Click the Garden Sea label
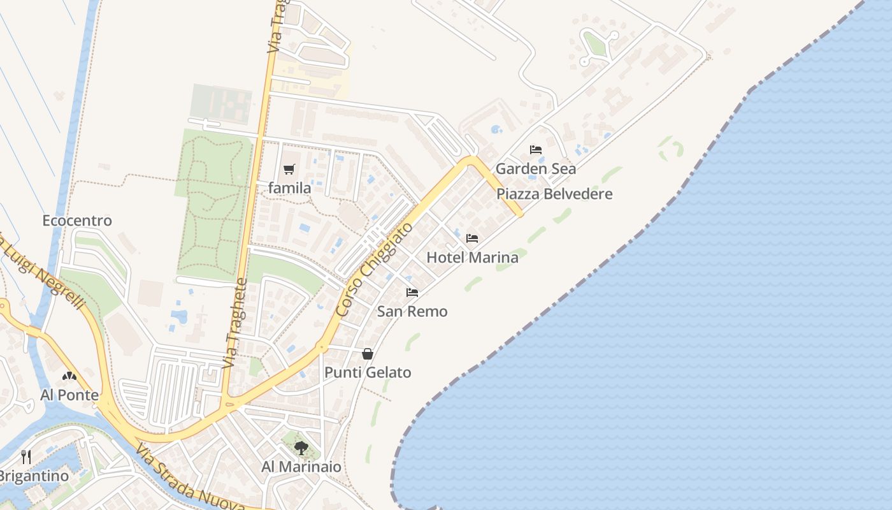[x=535, y=169]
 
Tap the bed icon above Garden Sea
[x=536, y=150]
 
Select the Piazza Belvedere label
[x=554, y=194]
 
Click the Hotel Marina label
[x=472, y=258]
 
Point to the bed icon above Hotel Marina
[x=472, y=238]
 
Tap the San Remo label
[x=412, y=312]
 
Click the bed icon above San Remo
[x=412, y=293]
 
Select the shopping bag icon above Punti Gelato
[x=368, y=354]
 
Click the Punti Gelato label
[x=368, y=372]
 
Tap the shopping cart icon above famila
[x=289, y=169]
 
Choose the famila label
[x=289, y=188]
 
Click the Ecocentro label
[x=77, y=221]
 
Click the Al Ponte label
[x=69, y=395]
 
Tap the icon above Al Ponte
[x=69, y=376]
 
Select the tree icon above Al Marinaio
[x=301, y=448]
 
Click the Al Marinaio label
[x=301, y=467]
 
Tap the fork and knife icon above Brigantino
[x=26, y=457]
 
